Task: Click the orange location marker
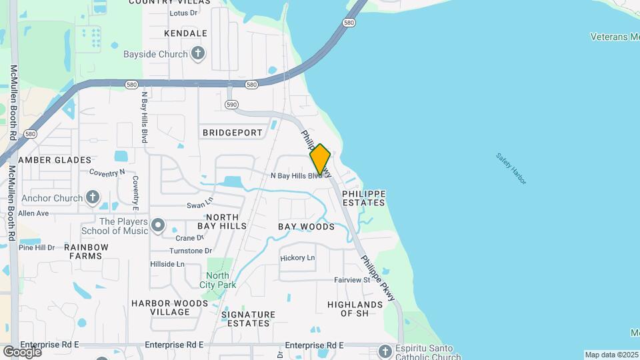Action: point(320,159)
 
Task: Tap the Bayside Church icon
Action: point(197,53)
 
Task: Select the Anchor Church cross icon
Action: point(92,197)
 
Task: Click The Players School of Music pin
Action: point(158,226)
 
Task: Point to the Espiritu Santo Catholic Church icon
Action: point(385,351)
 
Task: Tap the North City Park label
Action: point(217,280)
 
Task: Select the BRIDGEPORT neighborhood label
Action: point(233,133)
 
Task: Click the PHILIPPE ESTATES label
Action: point(363,198)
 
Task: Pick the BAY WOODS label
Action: point(306,227)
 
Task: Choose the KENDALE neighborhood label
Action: point(185,33)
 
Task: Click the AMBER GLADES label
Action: point(55,160)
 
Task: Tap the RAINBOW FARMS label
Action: point(86,251)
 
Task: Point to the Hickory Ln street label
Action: point(297,258)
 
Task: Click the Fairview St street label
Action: point(352,281)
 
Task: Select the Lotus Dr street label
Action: point(184,13)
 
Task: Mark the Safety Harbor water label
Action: point(511,168)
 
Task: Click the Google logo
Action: point(22,351)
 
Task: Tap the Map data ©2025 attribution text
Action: point(611,355)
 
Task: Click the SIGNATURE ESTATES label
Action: point(248,319)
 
